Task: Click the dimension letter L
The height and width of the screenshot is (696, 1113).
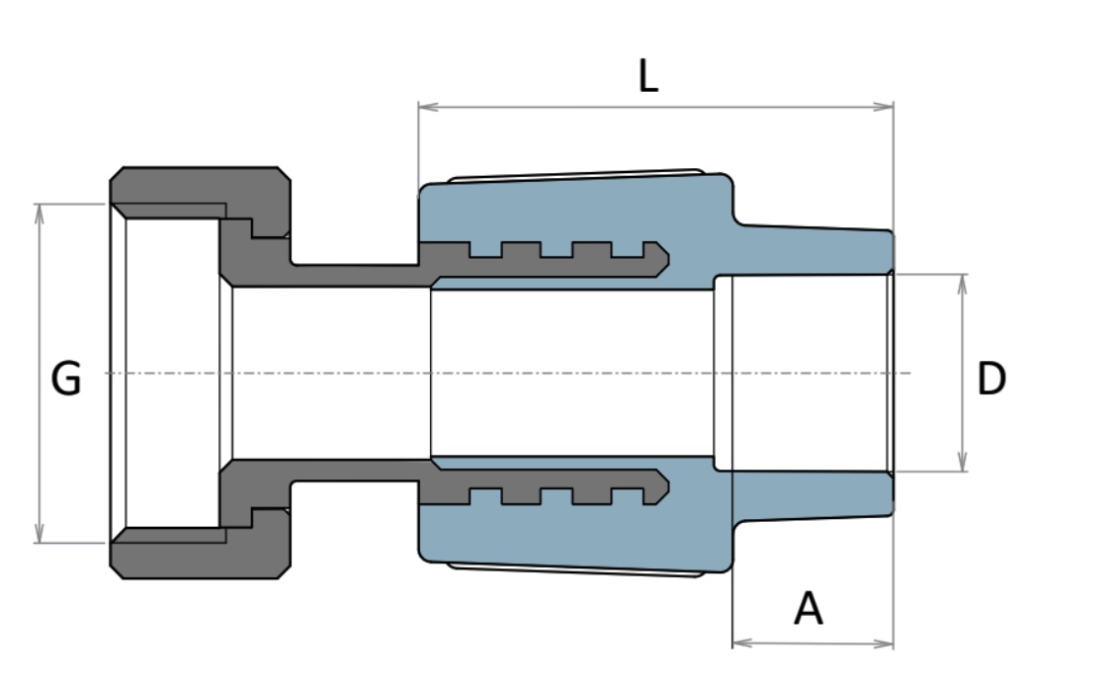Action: [x=647, y=76]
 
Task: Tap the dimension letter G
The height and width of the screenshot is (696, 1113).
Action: [x=66, y=380]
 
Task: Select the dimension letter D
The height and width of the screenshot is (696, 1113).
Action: [x=990, y=380]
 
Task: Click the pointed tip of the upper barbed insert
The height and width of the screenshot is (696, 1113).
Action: [x=666, y=259]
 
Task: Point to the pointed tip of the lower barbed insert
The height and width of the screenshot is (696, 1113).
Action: [x=666, y=485]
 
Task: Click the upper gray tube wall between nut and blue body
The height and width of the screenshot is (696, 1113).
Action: [x=356, y=275]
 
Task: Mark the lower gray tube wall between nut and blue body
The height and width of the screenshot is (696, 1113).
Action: [x=356, y=471]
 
